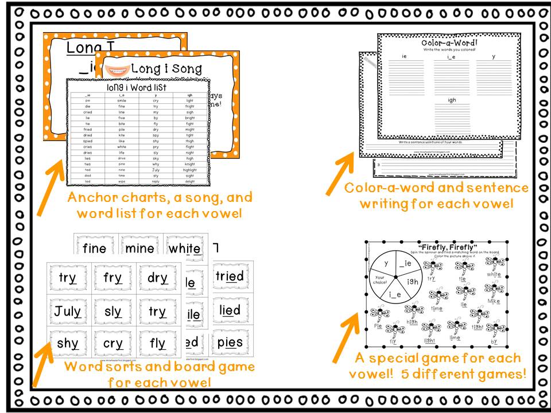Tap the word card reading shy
pos(68,344)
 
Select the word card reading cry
pos(113,344)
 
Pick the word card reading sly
pos(113,312)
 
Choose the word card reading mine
pos(139,248)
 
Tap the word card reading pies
pos(230,343)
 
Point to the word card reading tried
pos(230,276)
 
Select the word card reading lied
pos(230,310)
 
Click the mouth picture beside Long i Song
pos(117,69)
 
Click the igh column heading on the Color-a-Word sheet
pos(452,99)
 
